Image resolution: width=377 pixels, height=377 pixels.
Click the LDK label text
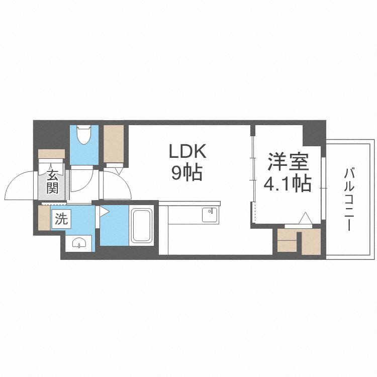pyautogui.click(x=187, y=151)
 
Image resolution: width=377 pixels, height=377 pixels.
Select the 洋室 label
pyautogui.click(x=287, y=162)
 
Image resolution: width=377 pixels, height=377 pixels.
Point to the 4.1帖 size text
pyautogui.click(x=287, y=184)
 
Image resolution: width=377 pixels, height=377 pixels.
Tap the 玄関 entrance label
pyautogui.click(x=53, y=182)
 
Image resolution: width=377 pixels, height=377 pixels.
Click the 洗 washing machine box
pyautogui.click(x=61, y=219)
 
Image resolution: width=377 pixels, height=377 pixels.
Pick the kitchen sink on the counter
pyautogui.click(x=209, y=215)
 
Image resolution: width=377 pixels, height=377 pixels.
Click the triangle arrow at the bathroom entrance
pyautogui.click(x=104, y=212)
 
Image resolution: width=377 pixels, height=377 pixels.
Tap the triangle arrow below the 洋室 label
pyautogui.click(x=304, y=219)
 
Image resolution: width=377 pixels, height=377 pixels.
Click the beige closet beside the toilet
pyautogui.click(x=114, y=144)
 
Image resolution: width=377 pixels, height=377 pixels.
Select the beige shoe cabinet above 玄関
pyautogui.click(x=52, y=153)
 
